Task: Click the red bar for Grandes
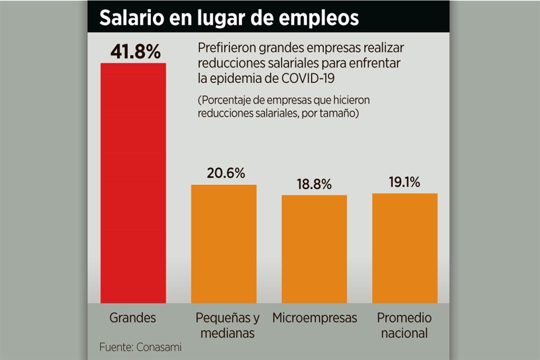click(133, 183)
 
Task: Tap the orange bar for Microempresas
click(314, 249)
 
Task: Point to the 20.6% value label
click(224, 173)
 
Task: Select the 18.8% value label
click(314, 184)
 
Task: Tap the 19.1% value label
click(405, 182)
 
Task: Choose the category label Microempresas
click(314, 318)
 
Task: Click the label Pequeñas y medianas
click(224, 325)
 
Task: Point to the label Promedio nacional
click(404, 325)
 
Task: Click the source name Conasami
click(159, 347)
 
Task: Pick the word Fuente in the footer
click(115, 347)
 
